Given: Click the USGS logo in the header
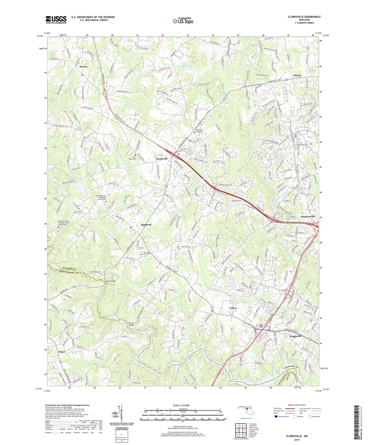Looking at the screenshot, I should (56, 20).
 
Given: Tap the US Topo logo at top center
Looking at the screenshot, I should (183, 21).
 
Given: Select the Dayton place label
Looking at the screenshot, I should (83, 67).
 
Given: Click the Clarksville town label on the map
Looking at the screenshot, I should (162, 159).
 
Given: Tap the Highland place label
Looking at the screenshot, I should (146, 225).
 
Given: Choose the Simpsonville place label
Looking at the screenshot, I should (308, 216).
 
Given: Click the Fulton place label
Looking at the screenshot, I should (233, 308).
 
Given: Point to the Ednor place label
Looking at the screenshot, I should (62, 352).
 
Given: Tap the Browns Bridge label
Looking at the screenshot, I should (131, 324).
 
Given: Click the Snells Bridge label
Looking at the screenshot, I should (111, 281).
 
